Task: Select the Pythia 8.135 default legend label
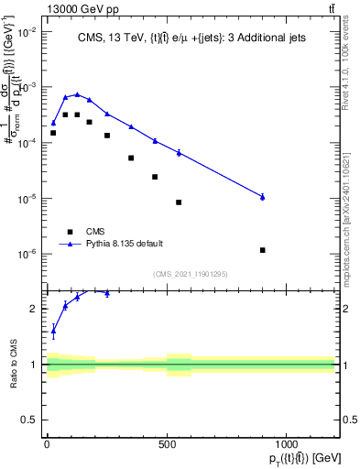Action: click(x=125, y=244)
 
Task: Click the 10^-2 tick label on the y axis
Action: click(x=27, y=32)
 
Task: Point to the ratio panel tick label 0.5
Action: click(x=29, y=420)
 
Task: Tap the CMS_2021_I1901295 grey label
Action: click(x=190, y=273)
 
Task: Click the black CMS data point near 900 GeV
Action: click(x=263, y=250)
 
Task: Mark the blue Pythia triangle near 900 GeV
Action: click(x=263, y=197)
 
